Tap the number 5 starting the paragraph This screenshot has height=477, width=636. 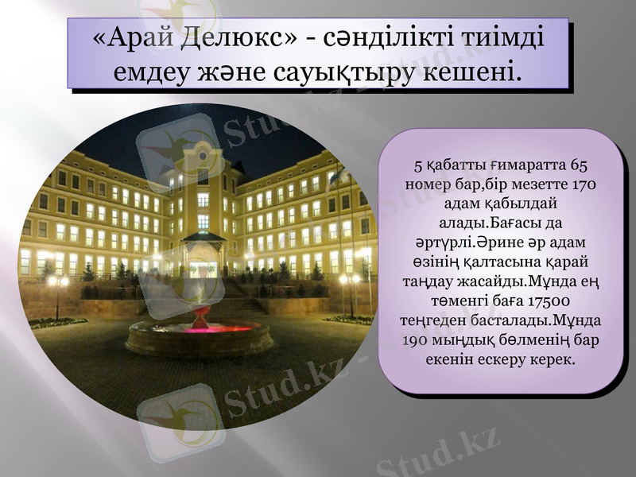click(x=418, y=166)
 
